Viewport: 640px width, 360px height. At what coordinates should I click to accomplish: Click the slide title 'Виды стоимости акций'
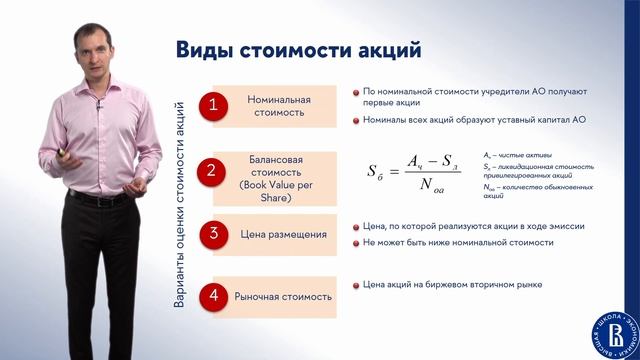click(x=299, y=49)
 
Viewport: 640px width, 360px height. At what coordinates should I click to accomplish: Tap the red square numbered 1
click(x=212, y=106)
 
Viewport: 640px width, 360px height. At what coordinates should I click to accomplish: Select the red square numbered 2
click(x=212, y=170)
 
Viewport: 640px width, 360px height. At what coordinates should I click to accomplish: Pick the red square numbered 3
click(x=212, y=235)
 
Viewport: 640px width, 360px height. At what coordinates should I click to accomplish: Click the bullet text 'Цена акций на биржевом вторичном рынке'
click(x=452, y=284)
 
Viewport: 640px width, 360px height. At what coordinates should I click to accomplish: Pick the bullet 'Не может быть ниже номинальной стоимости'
click(x=458, y=242)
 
